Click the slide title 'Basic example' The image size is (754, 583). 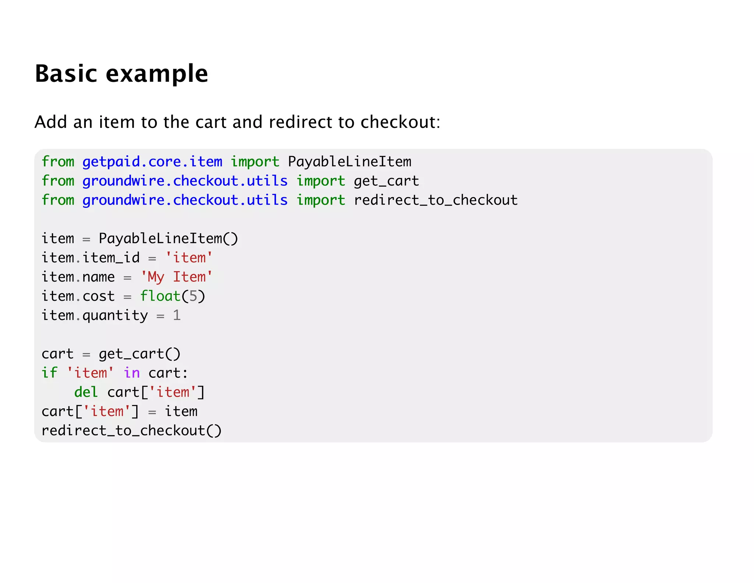121,73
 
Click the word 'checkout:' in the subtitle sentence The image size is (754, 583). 400,122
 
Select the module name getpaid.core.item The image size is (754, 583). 152,162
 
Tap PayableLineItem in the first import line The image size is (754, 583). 349,162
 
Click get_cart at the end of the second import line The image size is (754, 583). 386,181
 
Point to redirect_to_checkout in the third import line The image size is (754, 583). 436,200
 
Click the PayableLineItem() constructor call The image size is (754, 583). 168,238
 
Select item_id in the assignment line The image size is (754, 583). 111,258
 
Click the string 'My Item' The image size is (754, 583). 177,277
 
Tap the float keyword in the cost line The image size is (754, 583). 160,296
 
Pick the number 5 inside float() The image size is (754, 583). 193,296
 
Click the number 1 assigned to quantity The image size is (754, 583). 177,315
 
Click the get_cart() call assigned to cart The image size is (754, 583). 140,354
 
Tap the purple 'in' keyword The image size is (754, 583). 132,373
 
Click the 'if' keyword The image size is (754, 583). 49,373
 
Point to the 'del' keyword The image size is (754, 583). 86,392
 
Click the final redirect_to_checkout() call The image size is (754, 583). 131,430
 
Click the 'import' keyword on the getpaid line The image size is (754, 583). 255,162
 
